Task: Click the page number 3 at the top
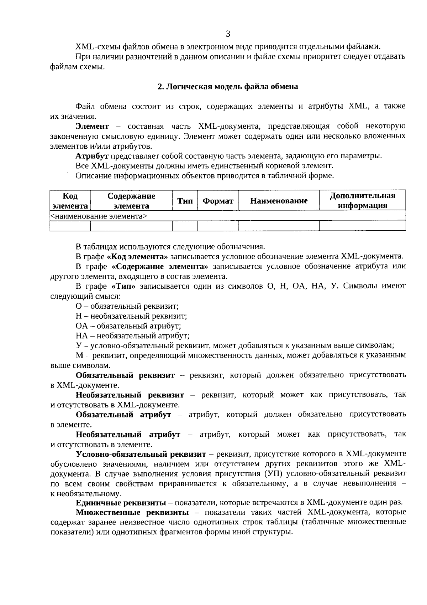pyautogui.click(x=228, y=34)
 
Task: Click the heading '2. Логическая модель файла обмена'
pyautogui.click(x=228, y=87)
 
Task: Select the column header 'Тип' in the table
pyautogui.click(x=185, y=201)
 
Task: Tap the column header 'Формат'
pyautogui.click(x=218, y=201)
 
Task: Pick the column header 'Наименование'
pyautogui.click(x=279, y=201)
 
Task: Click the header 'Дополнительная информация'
pyautogui.click(x=362, y=201)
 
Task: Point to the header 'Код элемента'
pyautogui.click(x=70, y=201)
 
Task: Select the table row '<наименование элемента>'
pyautogui.click(x=99, y=216)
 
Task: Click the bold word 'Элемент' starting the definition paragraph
pyautogui.click(x=92, y=126)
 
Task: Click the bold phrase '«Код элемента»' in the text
pyautogui.click(x=137, y=256)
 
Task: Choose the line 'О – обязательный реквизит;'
pyautogui.click(x=127, y=306)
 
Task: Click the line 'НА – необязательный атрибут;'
pyautogui.click(x=132, y=335)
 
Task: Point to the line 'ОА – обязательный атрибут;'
pyautogui.click(x=128, y=325)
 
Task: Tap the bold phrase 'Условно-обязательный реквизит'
pyautogui.click(x=141, y=454)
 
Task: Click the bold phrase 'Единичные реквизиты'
pyautogui.click(x=121, y=503)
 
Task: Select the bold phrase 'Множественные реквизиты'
pyautogui.click(x=132, y=512)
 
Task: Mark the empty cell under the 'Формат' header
pyautogui.click(x=218, y=226)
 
